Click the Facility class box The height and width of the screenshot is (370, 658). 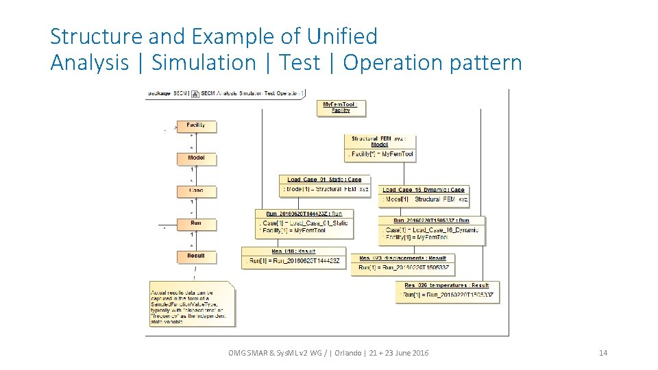[195, 125]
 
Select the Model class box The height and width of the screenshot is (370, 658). [195, 158]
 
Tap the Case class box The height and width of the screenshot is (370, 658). [195, 190]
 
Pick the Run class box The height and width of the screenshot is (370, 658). [195, 223]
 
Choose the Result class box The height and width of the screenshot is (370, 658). [195, 256]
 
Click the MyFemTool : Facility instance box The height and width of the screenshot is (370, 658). [341, 108]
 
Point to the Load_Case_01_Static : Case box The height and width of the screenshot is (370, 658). [325, 185]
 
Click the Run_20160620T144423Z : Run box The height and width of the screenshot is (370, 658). [304, 223]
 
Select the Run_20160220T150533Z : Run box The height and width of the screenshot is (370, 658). [432, 230]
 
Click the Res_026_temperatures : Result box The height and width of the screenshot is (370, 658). [447, 290]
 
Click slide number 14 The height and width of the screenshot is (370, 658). [603, 353]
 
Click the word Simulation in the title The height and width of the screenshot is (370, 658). [204, 62]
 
